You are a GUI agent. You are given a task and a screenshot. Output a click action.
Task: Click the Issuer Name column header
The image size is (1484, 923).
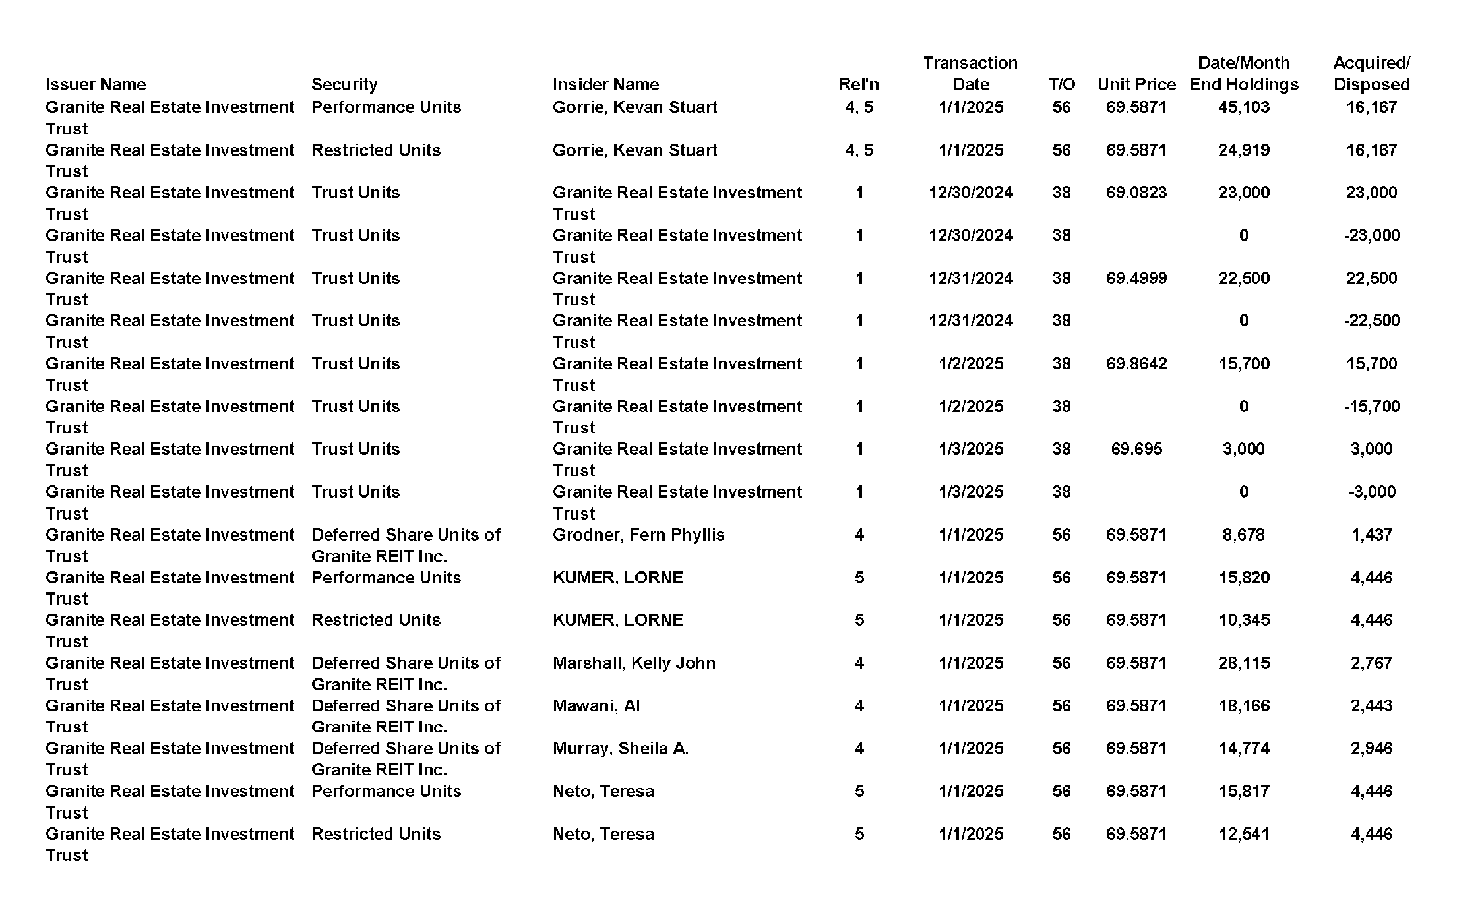96,84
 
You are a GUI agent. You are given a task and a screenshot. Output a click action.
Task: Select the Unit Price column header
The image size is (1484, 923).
1136,84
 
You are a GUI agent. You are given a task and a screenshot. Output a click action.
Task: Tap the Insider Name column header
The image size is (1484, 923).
605,84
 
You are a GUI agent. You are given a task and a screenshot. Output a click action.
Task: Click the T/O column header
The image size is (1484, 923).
1061,84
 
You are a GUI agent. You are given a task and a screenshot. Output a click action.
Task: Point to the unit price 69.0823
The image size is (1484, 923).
1136,193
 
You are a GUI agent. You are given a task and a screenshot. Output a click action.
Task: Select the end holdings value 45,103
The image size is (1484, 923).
1243,107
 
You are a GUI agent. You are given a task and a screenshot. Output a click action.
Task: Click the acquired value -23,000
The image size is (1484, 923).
1371,235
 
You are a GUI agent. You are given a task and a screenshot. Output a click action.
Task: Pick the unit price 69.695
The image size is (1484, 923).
1136,449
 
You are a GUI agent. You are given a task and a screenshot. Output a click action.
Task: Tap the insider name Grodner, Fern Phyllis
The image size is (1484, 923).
638,535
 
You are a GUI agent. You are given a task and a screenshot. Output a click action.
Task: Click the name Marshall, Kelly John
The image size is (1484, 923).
634,663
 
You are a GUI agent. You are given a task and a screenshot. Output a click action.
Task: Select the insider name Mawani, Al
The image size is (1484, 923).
596,705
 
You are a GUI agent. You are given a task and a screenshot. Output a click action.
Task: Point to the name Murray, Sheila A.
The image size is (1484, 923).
620,748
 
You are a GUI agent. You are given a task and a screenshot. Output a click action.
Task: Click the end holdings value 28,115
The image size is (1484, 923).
1243,663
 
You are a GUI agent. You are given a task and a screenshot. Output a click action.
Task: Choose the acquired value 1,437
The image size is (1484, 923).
1371,535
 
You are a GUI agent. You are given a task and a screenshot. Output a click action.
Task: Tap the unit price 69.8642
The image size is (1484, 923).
1136,363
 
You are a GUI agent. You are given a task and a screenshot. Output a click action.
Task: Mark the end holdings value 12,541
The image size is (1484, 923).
1243,834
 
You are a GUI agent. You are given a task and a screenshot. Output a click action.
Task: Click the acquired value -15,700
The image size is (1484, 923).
1371,406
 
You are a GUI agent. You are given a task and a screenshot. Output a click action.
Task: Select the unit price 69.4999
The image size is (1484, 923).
1136,278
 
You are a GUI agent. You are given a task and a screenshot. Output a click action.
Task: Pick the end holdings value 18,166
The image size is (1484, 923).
1243,705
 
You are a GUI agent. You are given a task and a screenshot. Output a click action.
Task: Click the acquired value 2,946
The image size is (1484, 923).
1371,748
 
